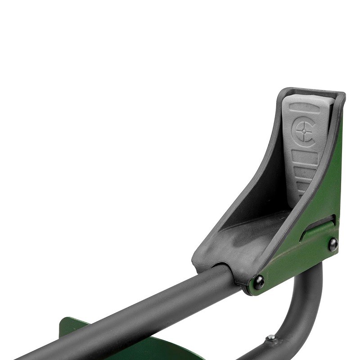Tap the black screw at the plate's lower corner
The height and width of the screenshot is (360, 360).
[259, 283]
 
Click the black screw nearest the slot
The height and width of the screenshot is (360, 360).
[333, 244]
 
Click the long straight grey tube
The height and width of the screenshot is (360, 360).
[135, 315]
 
